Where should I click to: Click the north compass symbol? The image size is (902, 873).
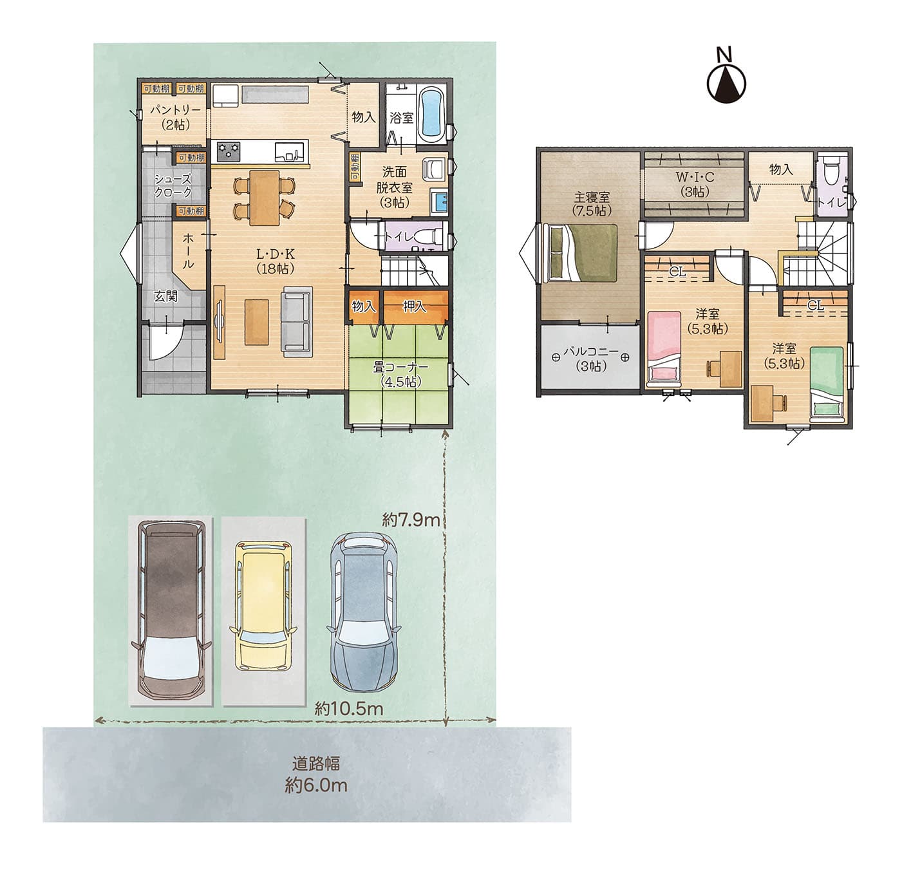(726, 77)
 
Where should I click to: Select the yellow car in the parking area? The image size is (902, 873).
(262, 606)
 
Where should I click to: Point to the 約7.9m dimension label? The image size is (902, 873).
(411, 520)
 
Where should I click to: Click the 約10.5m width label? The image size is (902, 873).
(348, 708)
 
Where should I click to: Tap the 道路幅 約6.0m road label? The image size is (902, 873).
(316, 774)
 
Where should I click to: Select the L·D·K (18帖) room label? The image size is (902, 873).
(276, 261)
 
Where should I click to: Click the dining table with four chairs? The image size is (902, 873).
(264, 198)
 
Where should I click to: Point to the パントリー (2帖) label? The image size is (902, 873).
(175, 117)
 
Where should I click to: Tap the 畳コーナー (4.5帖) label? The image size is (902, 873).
(400, 374)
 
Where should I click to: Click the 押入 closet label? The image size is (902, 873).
(415, 306)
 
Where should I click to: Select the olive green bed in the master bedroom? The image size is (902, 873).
(583, 253)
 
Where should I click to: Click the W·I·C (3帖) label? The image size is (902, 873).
(694, 183)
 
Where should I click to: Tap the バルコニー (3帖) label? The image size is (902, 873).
(590, 359)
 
